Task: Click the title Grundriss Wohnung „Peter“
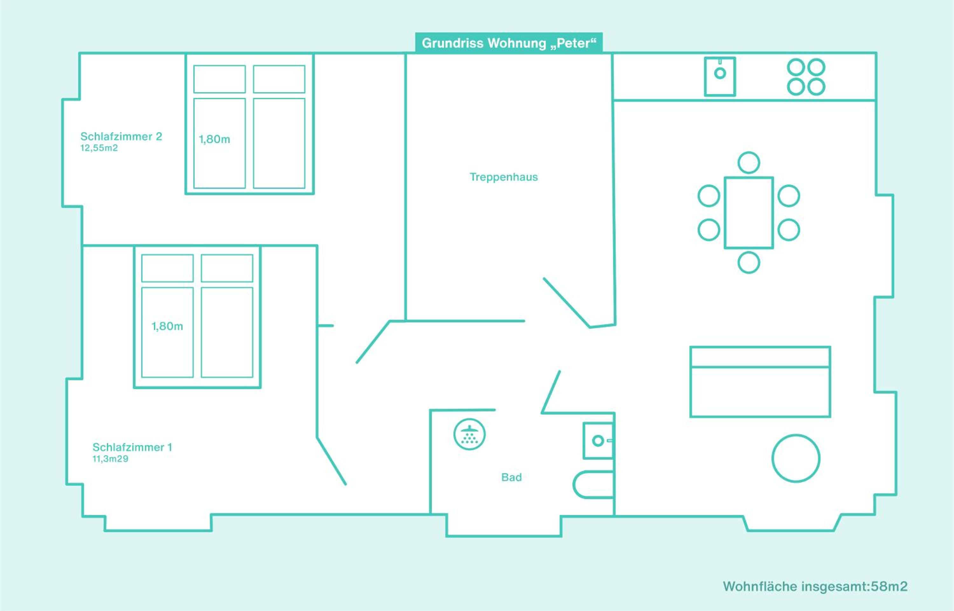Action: pyautogui.click(x=509, y=43)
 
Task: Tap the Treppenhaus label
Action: pyautogui.click(x=504, y=177)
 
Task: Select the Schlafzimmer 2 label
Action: pyautogui.click(x=121, y=136)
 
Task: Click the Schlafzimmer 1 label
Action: pyautogui.click(x=132, y=447)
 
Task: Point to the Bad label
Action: pyautogui.click(x=512, y=477)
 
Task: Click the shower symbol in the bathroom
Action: pyautogui.click(x=469, y=434)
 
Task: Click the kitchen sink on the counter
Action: pyautogui.click(x=720, y=77)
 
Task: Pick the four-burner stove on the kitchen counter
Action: pyautogui.click(x=806, y=77)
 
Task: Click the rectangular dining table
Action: pyautogui.click(x=749, y=213)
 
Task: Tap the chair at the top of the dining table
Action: pyautogui.click(x=749, y=163)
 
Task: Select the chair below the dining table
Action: pyautogui.click(x=749, y=263)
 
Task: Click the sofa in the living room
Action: pyautogui.click(x=760, y=382)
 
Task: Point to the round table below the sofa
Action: pyautogui.click(x=796, y=458)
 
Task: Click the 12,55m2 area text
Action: pyautogui.click(x=99, y=148)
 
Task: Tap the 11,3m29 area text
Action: pyautogui.click(x=110, y=459)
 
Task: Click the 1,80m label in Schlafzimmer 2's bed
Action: pyautogui.click(x=214, y=139)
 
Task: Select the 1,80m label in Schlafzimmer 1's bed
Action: pyautogui.click(x=167, y=326)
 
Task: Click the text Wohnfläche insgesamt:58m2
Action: pyautogui.click(x=815, y=587)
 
